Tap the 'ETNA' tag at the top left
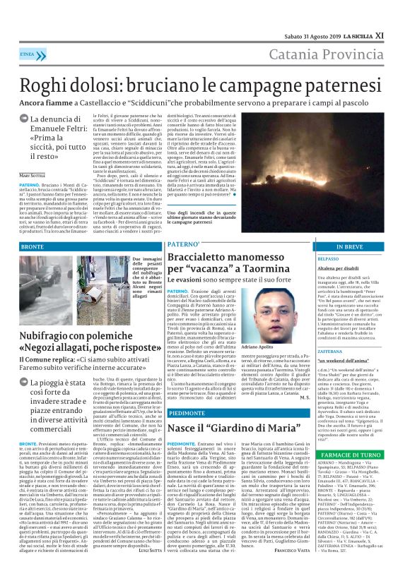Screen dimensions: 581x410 click(x=28, y=53)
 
